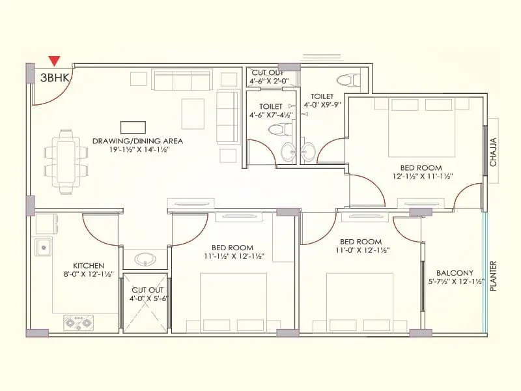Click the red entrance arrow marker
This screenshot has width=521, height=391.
(x=55, y=61)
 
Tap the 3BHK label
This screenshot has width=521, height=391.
(x=53, y=77)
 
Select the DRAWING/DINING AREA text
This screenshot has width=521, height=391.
(x=137, y=141)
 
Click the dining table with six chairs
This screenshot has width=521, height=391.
(x=66, y=162)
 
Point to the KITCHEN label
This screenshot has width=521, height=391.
(x=88, y=265)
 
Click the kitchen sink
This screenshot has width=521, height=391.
(x=44, y=247)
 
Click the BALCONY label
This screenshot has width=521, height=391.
(x=454, y=273)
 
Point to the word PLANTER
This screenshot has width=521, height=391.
(x=493, y=276)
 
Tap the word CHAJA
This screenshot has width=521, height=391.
(x=493, y=151)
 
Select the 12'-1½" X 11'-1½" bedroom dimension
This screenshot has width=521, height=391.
(x=422, y=176)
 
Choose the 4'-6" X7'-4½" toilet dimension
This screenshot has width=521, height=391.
(x=271, y=115)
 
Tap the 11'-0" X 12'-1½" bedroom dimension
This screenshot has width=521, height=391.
(x=363, y=250)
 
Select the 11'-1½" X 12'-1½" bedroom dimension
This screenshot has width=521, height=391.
(x=232, y=256)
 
